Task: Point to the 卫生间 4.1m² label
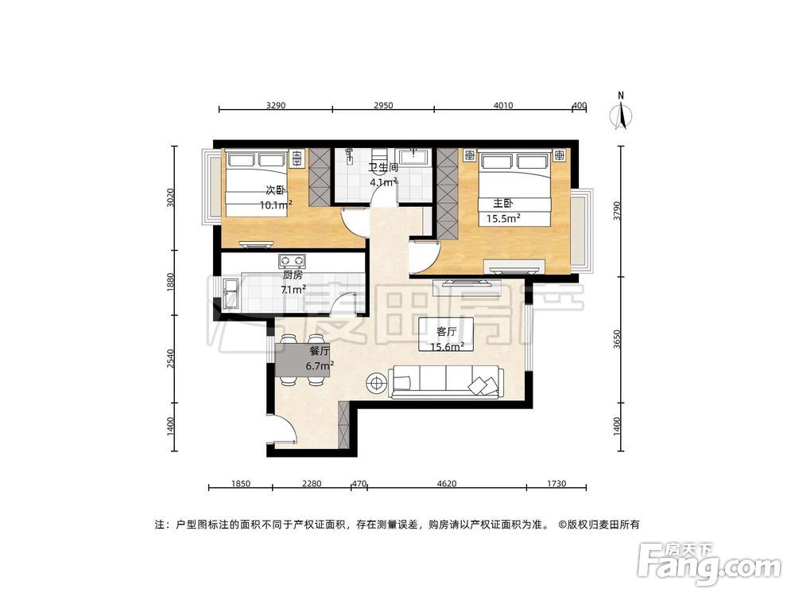(382, 174)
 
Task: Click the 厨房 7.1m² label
(293, 282)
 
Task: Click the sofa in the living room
(445, 381)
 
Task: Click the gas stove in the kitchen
(292, 260)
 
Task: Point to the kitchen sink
(231, 294)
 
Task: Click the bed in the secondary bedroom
(255, 182)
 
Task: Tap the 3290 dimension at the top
(276, 105)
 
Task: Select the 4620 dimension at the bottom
(446, 483)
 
